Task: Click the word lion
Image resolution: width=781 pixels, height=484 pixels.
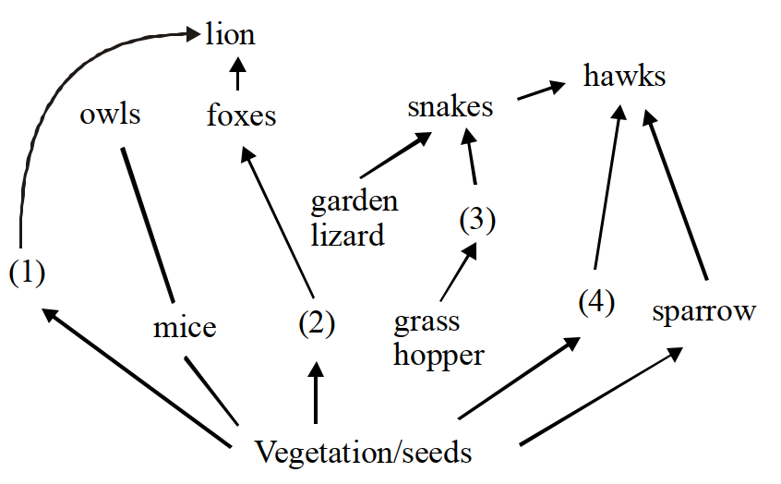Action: [230, 34]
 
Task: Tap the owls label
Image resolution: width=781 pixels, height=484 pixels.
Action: [110, 115]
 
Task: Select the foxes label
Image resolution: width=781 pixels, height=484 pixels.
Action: [242, 115]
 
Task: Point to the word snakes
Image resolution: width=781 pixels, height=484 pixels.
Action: [451, 106]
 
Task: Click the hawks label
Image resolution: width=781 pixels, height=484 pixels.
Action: [625, 76]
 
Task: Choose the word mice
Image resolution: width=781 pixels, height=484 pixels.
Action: [185, 328]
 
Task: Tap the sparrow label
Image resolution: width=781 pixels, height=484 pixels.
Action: [704, 312]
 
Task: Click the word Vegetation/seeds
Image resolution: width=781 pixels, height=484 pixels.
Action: [363, 452]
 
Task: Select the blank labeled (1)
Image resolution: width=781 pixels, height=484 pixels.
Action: [27, 272]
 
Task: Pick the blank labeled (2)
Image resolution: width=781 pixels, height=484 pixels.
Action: [317, 323]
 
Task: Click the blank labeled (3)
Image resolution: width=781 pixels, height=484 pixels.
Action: [477, 220]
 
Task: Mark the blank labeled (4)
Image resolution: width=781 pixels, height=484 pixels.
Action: [596, 301]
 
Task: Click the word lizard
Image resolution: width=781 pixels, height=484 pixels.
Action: [348, 235]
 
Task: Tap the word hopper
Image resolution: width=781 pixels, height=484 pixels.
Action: [439, 356]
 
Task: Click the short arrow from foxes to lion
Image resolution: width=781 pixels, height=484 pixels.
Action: [238, 74]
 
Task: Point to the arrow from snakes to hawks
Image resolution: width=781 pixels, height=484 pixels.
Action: [541, 91]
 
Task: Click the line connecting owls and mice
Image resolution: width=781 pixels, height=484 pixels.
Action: [148, 224]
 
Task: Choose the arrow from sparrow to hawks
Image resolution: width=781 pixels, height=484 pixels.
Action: [675, 195]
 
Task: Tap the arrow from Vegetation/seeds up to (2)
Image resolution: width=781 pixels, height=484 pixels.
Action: [316, 393]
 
